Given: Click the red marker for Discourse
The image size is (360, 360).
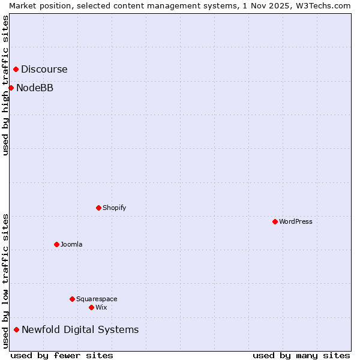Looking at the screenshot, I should coord(16,69).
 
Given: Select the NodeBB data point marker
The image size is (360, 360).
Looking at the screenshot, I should coord(11,88).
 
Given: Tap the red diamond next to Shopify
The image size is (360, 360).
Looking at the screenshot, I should coord(98,208).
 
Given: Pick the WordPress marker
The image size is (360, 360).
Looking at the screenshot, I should coord(275,221).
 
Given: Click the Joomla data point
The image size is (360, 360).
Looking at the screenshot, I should coord(56,244).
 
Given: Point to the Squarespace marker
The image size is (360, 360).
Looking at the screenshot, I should coord(72,299).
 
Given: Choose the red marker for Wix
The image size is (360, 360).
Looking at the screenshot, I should coord(91,307).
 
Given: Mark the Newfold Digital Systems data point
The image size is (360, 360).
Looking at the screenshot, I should coord(16,329).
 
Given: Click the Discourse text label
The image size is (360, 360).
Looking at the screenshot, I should coord(44,69).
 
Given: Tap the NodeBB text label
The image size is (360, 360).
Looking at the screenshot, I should coord(35,88).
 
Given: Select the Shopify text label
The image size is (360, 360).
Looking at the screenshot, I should coord(114,208).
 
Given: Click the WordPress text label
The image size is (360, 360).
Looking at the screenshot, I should coord(295,221).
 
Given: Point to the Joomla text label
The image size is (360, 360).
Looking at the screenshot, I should coord(71,244).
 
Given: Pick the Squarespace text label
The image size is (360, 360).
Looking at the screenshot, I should coord(97,299).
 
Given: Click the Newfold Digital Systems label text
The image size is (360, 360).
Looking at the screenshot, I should coord(80,329).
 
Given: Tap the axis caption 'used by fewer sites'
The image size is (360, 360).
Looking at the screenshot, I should coord(62,355).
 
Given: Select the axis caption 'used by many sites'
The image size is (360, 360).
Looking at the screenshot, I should coord(301,355).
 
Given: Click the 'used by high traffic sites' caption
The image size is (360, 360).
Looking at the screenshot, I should coord(5,85).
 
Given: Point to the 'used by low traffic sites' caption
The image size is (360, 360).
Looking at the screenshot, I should coord(5,281).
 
